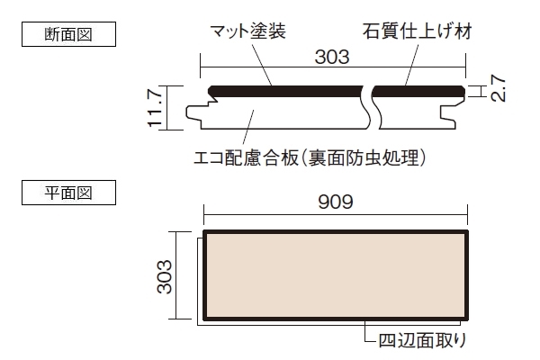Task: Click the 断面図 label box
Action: pyautogui.click(x=69, y=34)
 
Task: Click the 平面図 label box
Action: pyautogui.click(x=69, y=193)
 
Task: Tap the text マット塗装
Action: pyautogui.click(x=248, y=31)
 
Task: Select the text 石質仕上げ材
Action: pyautogui.click(x=417, y=31)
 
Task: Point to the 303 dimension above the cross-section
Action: pyautogui.click(x=332, y=58)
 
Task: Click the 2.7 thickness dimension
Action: pyautogui.click(x=498, y=88)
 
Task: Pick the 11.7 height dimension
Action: pyautogui.click(x=154, y=108)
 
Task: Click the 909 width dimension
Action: pyautogui.click(x=336, y=202)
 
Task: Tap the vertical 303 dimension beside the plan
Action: pyautogui.click(x=165, y=276)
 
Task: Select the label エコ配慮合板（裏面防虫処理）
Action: pyautogui.click(x=310, y=157)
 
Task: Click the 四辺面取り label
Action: pyautogui.click(x=423, y=340)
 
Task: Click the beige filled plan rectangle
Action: pyautogui.click(x=336, y=275)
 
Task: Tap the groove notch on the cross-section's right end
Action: pyautogui.click(x=447, y=113)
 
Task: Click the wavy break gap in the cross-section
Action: pyautogui.click(x=371, y=107)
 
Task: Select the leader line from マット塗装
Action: pyautogui.click(x=262, y=65)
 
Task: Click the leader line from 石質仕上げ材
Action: pyautogui.click(x=412, y=65)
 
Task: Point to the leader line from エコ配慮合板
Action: pyautogui.click(x=248, y=127)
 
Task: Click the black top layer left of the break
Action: pyautogui.click(x=286, y=91)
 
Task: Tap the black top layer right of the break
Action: pyautogui.click(x=418, y=91)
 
